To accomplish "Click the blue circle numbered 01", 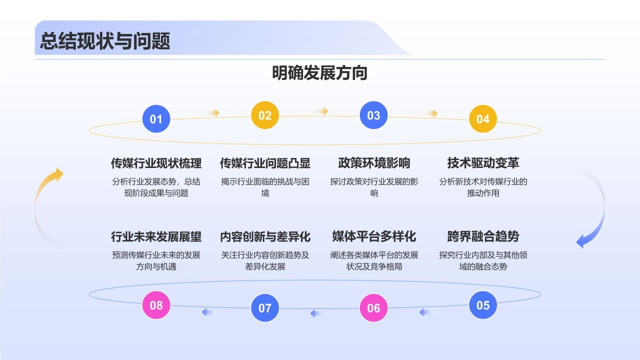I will pos(156,119).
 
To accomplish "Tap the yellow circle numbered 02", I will pos(265,115).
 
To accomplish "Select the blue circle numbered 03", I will pos(374,115).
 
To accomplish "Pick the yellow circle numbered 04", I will pos(483,119).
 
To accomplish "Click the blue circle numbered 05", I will pos(483,305).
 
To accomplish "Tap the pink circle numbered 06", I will pos(374,308).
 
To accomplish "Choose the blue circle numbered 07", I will pos(265,308).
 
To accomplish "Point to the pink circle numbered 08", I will pos(156,305).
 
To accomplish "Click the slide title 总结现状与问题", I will pos(105,41).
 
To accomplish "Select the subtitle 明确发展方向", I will pos(320,73).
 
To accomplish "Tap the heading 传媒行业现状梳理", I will pos(156,163).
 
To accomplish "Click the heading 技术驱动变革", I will pos(483,163).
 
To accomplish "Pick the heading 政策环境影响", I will pos(374,163).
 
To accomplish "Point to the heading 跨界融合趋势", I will pos(483,236).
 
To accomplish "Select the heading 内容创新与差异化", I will pos(265,236).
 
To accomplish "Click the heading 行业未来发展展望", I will pos(156,236).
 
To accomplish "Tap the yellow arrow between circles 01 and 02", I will pos(213,113).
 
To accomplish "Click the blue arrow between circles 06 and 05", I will pos(425,312).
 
